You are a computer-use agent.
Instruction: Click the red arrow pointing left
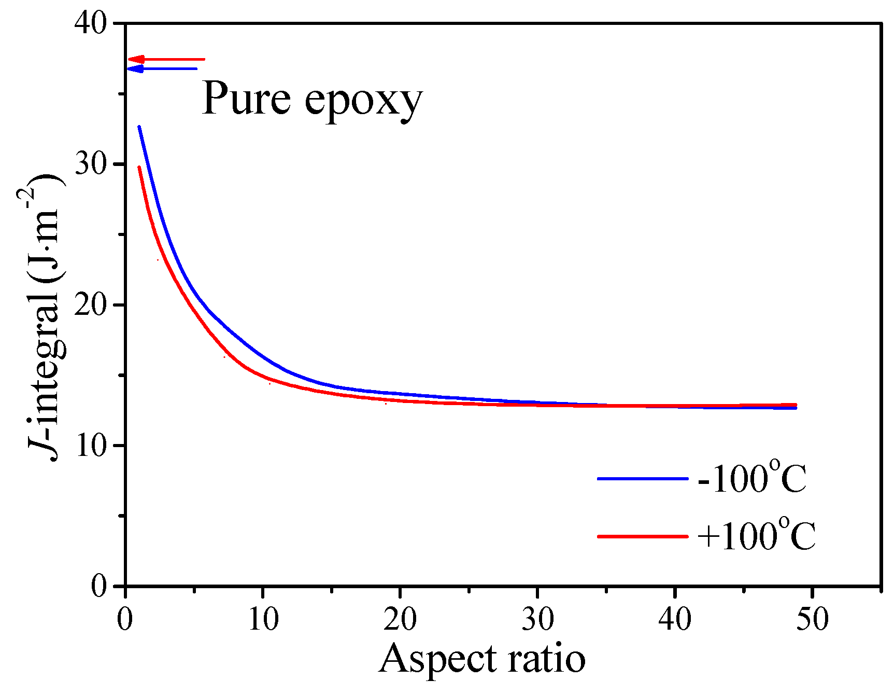coord(166,59)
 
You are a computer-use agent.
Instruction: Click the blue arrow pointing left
coord(162,68)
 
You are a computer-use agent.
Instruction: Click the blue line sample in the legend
coord(643,478)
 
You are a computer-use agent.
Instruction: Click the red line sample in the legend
coord(643,536)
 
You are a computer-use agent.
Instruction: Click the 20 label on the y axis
coord(91,305)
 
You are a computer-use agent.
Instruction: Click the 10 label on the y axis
coord(91,446)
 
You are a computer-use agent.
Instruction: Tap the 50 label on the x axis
coord(812,619)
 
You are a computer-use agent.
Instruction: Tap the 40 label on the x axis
coord(675,619)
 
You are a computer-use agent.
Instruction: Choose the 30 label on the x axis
coord(537,619)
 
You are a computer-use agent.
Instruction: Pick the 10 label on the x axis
coord(263,619)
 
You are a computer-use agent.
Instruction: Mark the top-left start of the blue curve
coord(139,127)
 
